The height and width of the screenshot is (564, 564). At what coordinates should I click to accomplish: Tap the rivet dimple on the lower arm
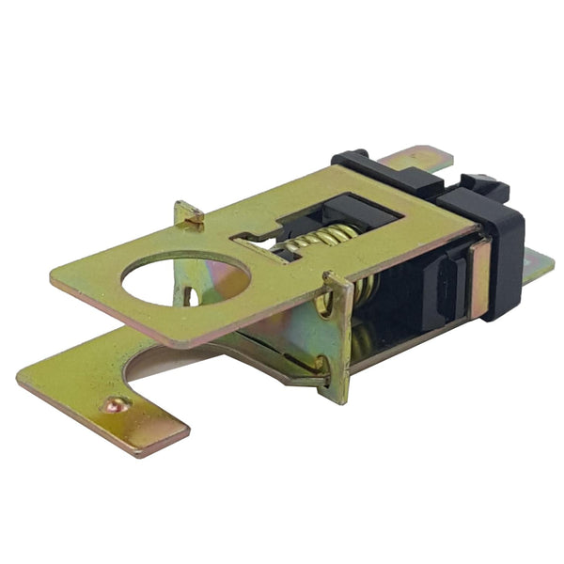click(x=115, y=405)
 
